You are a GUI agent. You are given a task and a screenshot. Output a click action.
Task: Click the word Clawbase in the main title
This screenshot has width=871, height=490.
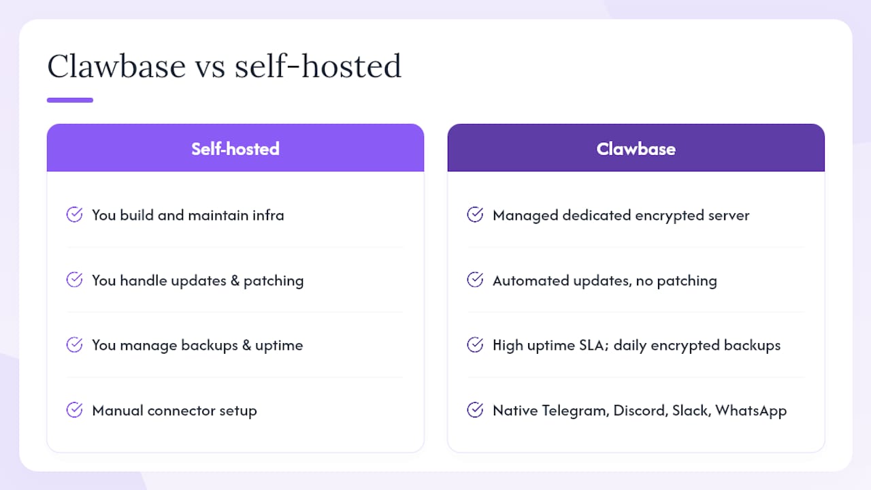116,66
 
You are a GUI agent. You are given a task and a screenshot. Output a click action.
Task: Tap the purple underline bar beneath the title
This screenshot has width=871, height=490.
70,100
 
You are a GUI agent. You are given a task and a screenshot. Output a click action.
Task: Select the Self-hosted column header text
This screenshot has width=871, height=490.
235,149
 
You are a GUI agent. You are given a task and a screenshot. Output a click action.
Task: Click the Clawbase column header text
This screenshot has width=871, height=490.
636,149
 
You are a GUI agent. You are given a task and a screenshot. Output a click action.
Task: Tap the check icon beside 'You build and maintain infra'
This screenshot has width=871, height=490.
74,214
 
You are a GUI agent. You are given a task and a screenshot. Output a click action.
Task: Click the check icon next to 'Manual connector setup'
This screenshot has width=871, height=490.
74,410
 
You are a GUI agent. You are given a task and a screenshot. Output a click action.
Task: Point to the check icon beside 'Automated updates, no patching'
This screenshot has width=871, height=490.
475,279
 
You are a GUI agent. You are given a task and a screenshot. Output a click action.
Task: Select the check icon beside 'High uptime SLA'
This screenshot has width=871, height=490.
475,344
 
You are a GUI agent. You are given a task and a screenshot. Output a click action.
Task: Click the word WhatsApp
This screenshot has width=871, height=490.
751,411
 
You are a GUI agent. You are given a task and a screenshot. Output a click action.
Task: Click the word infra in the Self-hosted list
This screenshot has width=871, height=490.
268,215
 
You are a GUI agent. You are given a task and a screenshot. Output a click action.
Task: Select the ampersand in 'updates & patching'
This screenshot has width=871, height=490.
235,280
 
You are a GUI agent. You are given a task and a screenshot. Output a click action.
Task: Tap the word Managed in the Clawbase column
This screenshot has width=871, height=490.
525,216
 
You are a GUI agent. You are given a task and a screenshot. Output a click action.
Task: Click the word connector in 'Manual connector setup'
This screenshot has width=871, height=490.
181,410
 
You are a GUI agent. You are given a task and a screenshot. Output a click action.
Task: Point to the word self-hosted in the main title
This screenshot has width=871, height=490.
318,66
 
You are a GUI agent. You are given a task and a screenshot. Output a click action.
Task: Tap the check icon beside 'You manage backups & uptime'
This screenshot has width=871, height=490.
74,344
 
